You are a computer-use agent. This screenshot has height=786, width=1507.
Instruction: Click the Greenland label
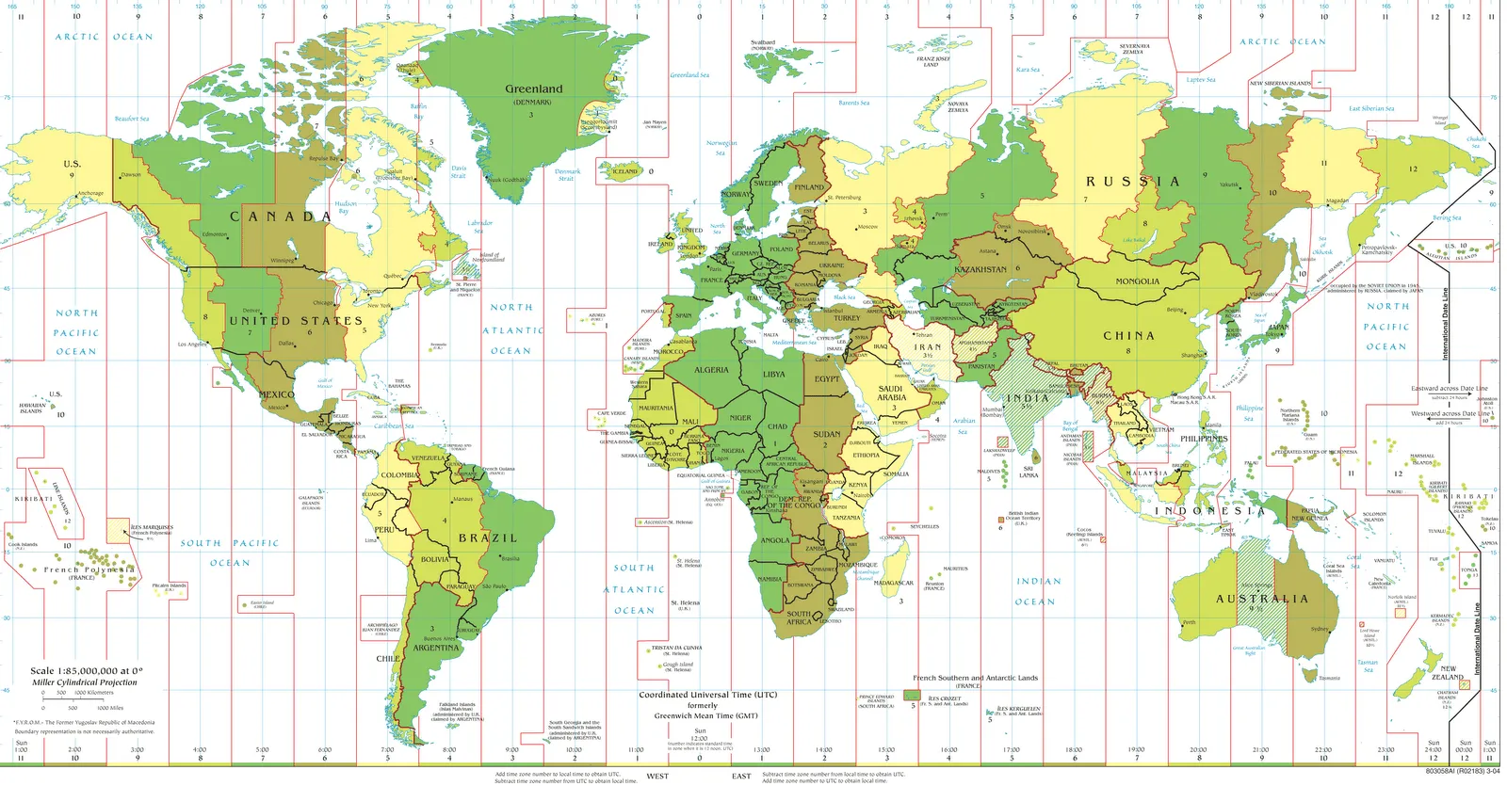[x=533, y=89]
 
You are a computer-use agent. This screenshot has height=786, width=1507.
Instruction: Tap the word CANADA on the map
[x=280, y=217]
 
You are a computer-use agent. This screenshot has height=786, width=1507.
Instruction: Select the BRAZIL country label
[x=488, y=537]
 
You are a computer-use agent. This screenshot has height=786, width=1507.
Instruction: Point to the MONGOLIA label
[x=1137, y=281]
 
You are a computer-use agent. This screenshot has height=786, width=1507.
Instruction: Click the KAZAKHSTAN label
[x=980, y=269]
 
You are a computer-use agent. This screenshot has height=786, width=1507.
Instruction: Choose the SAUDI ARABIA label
[x=891, y=393]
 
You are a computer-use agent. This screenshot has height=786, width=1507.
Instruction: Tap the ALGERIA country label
[x=711, y=370]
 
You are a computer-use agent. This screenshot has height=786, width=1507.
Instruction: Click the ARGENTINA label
[x=436, y=648]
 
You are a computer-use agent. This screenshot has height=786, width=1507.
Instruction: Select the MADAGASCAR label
[x=894, y=583]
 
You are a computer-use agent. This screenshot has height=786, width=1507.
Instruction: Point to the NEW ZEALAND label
[x=1448, y=673]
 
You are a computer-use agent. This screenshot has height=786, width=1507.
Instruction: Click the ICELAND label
[x=625, y=171]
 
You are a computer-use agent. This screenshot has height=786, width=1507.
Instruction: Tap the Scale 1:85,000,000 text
[x=86, y=671]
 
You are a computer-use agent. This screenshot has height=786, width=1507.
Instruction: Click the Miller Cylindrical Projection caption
[x=85, y=682]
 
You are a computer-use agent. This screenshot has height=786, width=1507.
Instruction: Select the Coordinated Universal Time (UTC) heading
[x=707, y=695]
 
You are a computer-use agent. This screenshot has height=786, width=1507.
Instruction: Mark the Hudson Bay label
[x=346, y=207]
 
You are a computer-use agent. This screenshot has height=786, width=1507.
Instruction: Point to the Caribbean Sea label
[x=394, y=425]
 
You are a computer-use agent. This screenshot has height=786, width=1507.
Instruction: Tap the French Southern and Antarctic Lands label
[x=975, y=678]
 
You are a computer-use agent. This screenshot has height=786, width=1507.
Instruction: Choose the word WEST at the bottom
[x=657, y=777]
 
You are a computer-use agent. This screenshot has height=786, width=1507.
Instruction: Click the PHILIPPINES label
[x=1204, y=439]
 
